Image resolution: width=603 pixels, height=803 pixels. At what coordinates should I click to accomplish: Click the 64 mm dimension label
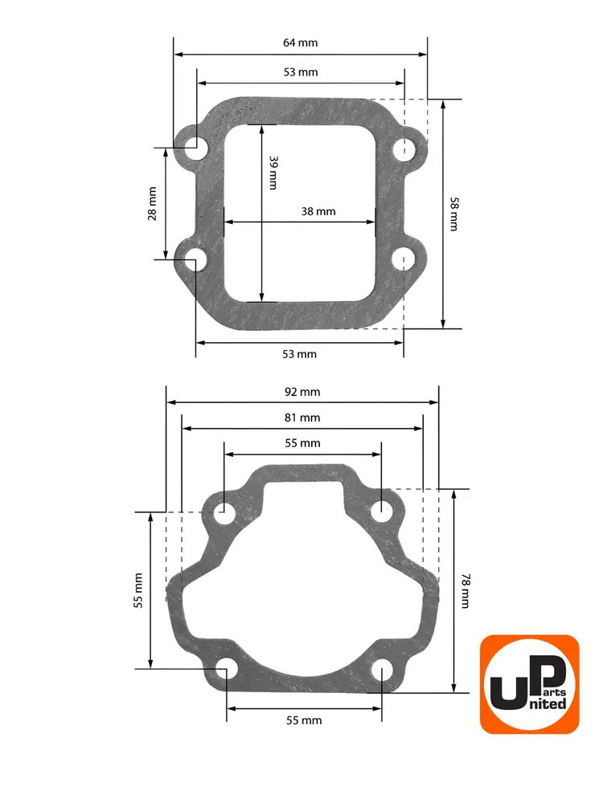tap(301, 43)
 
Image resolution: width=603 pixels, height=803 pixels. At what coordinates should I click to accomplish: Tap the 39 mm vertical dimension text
tap(274, 173)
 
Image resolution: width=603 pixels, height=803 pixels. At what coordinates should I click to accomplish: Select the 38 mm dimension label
tap(318, 211)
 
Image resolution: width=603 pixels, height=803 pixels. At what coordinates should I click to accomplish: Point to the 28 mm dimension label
tap(152, 204)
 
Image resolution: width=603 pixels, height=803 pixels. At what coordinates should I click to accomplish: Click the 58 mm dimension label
tap(454, 214)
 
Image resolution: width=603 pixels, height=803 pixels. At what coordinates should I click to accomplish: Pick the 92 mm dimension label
tap(302, 392)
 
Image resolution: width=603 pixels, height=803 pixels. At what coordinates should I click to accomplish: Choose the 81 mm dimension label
tap(302, 418)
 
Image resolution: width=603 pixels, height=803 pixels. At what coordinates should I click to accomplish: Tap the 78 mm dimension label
tap(466, 591)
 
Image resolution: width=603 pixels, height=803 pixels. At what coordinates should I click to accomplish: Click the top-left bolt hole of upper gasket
tap(196, 149)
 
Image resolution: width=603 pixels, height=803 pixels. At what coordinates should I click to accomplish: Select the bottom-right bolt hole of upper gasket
tap(404, 259)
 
